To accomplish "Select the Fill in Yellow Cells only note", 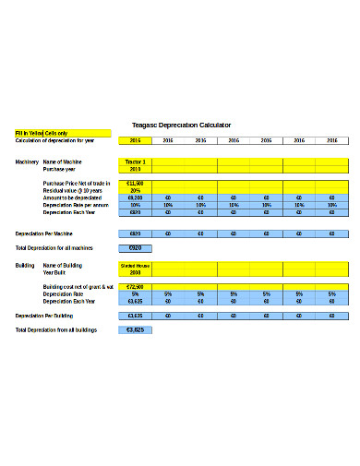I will (x=42, y=133).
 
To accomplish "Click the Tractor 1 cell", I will (x=135, y=161).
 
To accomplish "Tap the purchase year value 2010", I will (x=135, y=169).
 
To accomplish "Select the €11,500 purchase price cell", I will (x=135, y=184).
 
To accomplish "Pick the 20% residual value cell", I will (x=135, y=191).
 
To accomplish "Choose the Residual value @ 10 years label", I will (x=73, y=191).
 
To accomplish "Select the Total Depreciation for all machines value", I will (x=135, y=248).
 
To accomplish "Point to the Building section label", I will (x=25, y=265).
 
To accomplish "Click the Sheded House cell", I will (x=135, y=265).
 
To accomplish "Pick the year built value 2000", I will (x=135, y=272).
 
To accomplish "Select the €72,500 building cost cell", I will (x=135, y=287).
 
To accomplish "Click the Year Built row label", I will (x=55, y=272).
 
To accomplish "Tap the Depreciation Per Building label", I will (x=46, y=316).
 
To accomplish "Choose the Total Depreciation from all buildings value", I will (x=135, y=329).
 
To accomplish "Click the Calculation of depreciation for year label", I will (x=55, y=140).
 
